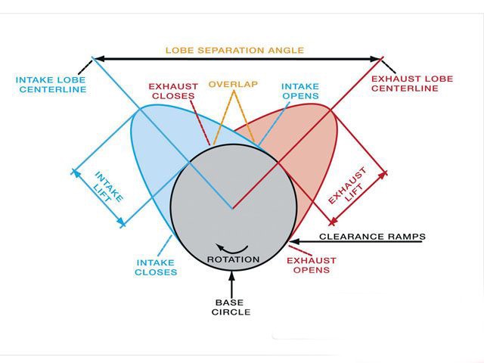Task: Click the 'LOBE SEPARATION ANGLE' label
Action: tap(234, 51)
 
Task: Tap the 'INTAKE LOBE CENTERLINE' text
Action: tap(51, 83)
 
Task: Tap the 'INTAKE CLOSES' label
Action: tap(157, 268)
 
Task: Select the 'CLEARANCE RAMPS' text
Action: tap(373, 237)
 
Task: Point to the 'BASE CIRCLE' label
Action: tap(232, 306)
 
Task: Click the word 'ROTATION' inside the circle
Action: tap(233, 259)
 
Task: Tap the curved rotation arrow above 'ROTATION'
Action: tap(232, 247)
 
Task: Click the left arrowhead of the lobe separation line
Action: tap(97, 58)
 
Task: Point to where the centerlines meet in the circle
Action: tap(232, 208)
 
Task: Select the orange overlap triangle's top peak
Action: tap(234, 91)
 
